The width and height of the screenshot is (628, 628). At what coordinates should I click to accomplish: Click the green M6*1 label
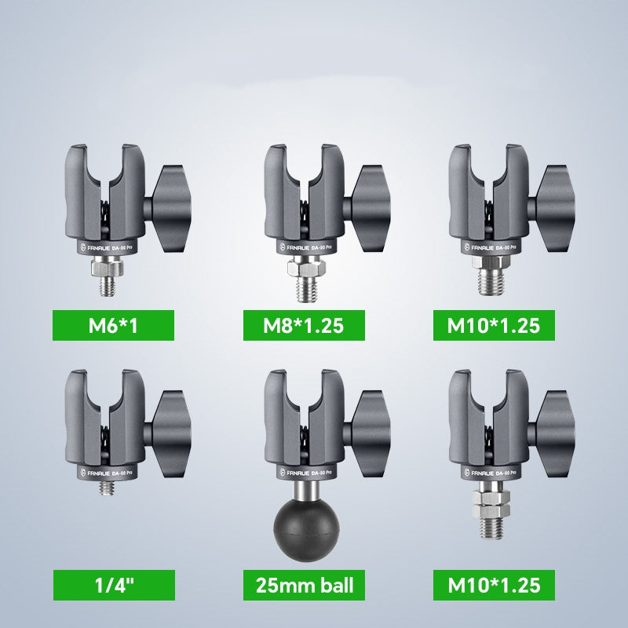point(113,326)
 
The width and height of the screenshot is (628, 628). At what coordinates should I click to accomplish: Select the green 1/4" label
point(113,586)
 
